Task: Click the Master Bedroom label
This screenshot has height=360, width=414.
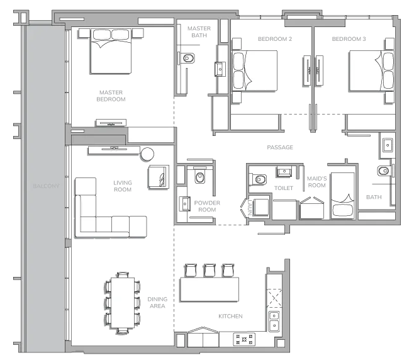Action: tap(111, 96)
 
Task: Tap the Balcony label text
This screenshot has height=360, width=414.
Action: tap(46, 186)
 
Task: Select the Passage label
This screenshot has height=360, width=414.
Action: tap(280, 147)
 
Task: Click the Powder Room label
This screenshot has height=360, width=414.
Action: tap(207, 206)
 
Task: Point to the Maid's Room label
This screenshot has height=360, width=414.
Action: tap(317, 182)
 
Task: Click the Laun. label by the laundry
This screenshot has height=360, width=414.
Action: tap(250, 208)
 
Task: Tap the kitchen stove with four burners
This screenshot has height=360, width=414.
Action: tap(244, 340)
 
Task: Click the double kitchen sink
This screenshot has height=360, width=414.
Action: tap(274, 321)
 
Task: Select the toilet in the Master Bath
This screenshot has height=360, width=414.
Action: tap(187, 58)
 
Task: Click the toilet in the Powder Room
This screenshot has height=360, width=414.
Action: tap(200, 176)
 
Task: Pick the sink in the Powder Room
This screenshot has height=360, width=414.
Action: tap(184, 204)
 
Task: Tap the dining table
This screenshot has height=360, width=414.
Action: tap(123, 303)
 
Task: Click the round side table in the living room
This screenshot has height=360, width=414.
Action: tap(147, 154)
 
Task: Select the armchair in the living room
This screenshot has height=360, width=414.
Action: tap(159, 177)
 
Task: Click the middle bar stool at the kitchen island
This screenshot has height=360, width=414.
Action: tap(210, 270)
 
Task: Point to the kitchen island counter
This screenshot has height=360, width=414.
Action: tap(210, 290)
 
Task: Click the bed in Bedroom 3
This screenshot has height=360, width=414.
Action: tap(371, 71)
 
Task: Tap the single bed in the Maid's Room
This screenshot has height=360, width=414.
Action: tap(342, 196)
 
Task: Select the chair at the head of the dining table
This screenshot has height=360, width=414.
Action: tap(123, 274)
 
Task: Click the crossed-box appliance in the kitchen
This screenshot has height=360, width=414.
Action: tap(274, 298)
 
